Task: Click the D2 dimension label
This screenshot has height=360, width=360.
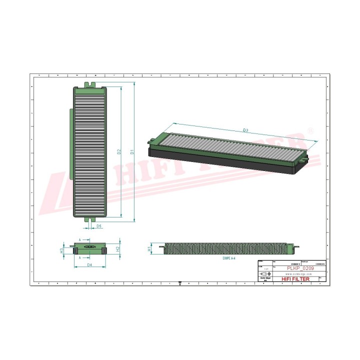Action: (119, 152)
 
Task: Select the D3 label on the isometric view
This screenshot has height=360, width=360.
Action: (245, 130)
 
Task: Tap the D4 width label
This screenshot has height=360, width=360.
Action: (89, 264)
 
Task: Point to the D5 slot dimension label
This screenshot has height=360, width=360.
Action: (99, 226)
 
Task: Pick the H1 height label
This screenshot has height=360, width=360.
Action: (149, 248)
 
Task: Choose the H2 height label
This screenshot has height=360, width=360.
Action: (117, 248)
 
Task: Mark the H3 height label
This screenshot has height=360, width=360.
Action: (61, 248)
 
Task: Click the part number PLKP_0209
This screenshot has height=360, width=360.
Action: (298, 268)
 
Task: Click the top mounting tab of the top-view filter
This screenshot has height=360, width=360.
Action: (90, 84)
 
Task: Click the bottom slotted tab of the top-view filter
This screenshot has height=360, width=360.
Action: (90, 219)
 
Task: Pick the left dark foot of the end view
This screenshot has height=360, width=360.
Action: (76, 250)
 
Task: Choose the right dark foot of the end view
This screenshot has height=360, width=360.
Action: (105, 250)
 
